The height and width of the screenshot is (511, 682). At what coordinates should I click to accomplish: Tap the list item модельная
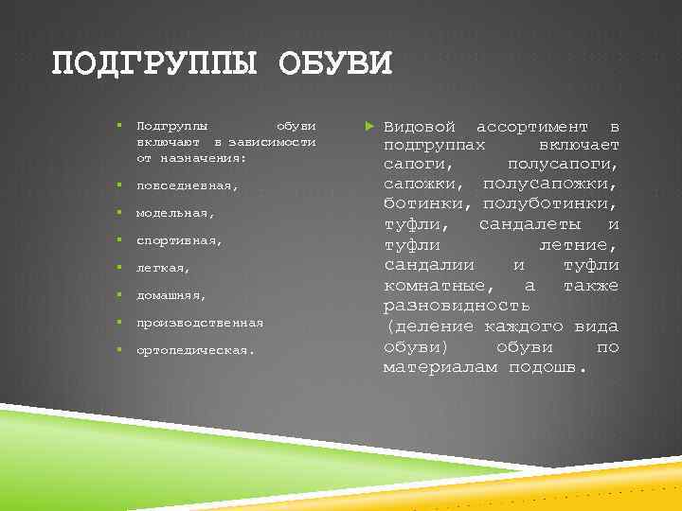(x=168, y=213)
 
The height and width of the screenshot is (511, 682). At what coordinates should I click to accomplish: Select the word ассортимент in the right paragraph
(x=538, y=127)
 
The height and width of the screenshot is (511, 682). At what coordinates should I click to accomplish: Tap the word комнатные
(x=437, y=285)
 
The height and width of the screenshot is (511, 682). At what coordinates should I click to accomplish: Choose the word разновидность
(x=457, y=306)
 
